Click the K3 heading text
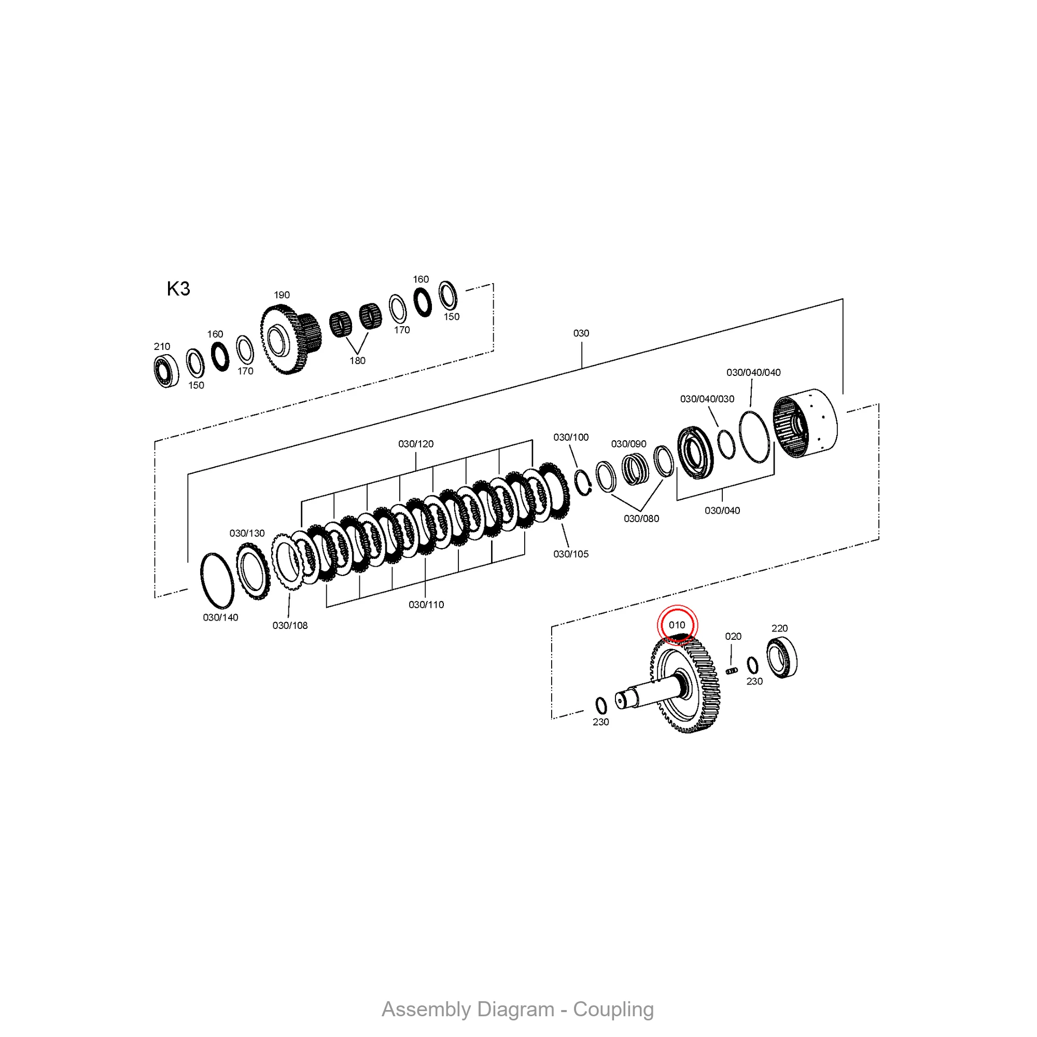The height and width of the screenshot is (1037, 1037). tap(178, 289)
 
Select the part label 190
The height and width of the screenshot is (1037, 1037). tap(282, 295)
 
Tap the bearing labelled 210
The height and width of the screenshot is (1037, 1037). tap(166, 370)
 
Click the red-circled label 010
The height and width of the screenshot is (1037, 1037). tap(677, 625)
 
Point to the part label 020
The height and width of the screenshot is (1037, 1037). tap(733, 636)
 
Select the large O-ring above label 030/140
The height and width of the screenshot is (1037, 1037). tap(217, 581)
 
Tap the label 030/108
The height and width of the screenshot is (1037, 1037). tap(290, 625)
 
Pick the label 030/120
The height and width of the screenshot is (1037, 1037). tap(416, 444)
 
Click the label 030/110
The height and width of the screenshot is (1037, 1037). tap(426, 605)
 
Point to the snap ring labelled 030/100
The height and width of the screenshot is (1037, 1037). tap(583, 483)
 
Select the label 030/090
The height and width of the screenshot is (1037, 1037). tap(628, 444)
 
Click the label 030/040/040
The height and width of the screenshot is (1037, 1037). tap(753, 372)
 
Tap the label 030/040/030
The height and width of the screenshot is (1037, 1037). tap(707, 399)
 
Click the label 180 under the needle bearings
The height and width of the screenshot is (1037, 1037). tap(357, 361)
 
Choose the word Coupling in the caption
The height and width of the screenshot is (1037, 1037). tap(613, 1009)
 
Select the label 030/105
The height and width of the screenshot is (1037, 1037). tap(570, 554)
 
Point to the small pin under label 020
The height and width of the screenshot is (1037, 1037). tap(732, 670)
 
